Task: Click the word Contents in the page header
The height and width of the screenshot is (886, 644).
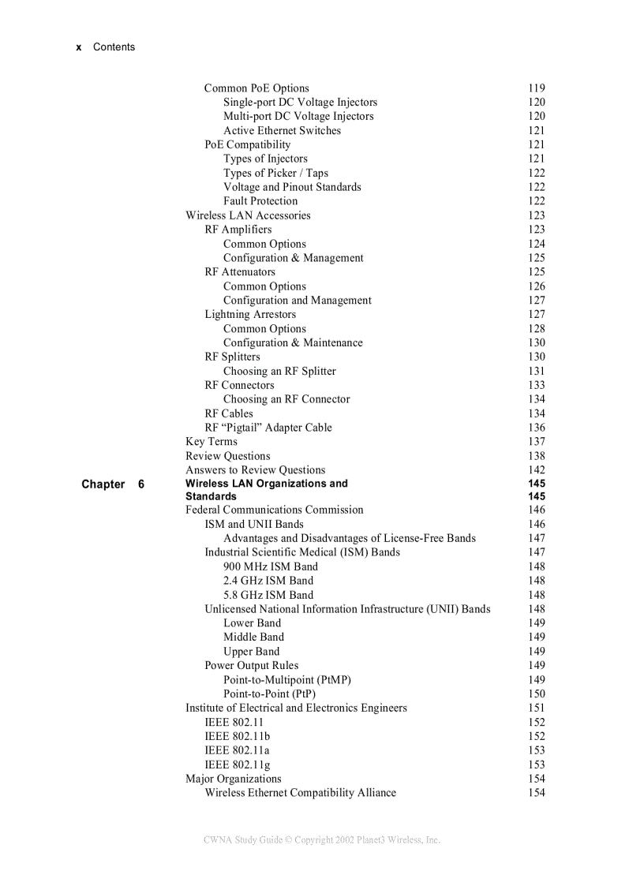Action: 114,47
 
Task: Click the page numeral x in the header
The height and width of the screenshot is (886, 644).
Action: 79,47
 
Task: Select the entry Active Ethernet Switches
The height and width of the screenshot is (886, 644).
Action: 282,131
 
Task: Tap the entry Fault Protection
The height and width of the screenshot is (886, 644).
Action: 260,201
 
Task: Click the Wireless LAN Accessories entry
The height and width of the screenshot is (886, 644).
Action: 248,215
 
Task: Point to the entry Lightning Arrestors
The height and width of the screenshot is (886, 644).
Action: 250,314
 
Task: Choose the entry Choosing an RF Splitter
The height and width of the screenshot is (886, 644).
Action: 279,371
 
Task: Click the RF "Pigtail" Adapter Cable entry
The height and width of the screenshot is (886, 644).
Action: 268,428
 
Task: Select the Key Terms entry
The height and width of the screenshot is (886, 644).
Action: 212,442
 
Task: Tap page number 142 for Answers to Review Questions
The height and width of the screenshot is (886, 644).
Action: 537,470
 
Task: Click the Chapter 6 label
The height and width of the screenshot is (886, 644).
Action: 113,484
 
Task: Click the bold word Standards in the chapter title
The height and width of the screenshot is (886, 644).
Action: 211,496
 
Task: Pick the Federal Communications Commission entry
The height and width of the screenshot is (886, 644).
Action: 275,510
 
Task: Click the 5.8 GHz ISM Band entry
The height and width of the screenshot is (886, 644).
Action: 268,595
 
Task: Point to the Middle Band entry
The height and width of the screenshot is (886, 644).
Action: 253,637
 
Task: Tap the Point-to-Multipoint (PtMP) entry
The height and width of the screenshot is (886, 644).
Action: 287,679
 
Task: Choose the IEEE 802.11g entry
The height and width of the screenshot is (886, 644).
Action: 238,765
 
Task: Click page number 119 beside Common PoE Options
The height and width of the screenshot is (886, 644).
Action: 537,88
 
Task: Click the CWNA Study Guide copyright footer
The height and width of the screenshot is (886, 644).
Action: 322,840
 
